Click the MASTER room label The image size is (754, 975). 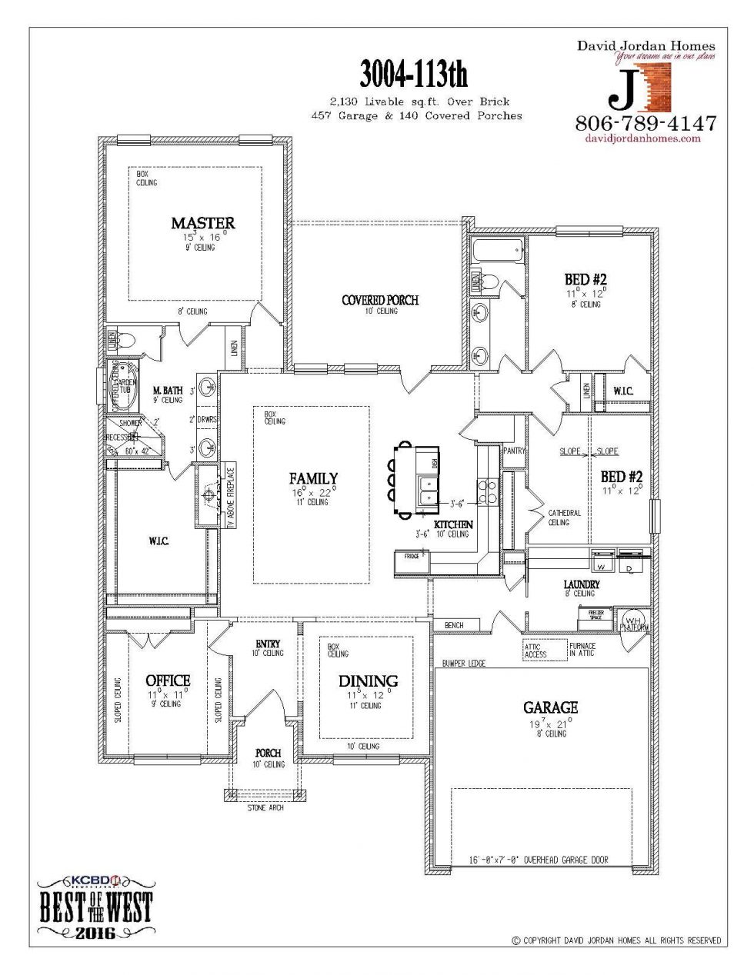pos(202,223)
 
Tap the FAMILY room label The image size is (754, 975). pos(313,478)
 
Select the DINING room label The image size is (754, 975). pos(368,681)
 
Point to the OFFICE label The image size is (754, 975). pos(168,681)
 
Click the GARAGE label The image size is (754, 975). pos(550,707)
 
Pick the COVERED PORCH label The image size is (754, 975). pos(380,300)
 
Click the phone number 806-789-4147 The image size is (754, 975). pos(646,123)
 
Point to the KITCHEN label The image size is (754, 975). pos(453,524)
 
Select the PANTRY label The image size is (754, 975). pos(513,451)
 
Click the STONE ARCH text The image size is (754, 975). pos(265,808)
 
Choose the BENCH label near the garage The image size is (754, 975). pos(454,625)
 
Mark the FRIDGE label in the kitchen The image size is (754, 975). pos(411,555)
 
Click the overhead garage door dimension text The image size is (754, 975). pos(539,860)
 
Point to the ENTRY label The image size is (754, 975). pos(268,644)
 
